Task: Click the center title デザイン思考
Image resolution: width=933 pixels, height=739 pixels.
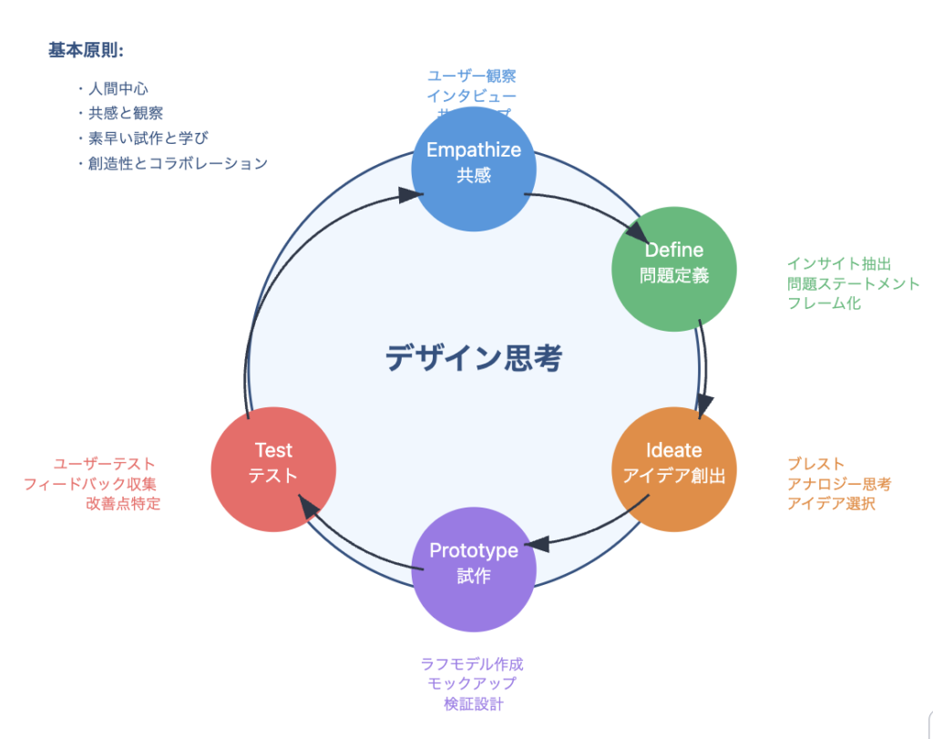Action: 474,358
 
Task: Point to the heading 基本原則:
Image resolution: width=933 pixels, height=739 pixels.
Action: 87,50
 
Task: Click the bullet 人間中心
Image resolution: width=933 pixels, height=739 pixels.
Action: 118,89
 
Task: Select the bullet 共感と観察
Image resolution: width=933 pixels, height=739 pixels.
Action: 126,114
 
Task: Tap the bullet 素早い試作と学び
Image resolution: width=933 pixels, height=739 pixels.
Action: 149,139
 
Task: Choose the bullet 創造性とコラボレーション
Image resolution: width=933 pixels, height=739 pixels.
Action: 178,164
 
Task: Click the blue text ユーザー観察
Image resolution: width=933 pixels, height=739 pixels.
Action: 472,77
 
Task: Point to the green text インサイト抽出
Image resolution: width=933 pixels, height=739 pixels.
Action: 839,263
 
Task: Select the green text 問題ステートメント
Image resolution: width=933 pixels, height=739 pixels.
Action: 854,283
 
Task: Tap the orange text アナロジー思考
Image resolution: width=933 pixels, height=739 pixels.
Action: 839,484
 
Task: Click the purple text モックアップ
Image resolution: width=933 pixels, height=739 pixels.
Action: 472,684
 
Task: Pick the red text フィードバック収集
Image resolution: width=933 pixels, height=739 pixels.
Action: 90,484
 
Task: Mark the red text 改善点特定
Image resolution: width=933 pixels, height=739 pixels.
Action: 123,504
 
